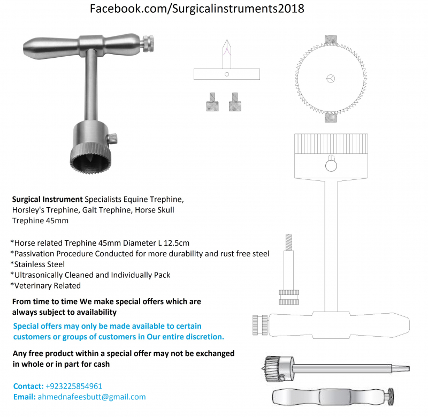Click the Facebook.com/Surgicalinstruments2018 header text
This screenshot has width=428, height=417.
(x=197, y=9)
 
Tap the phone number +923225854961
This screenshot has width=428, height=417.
(x=74, y=386)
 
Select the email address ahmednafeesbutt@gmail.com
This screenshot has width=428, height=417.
(x=91, y=397)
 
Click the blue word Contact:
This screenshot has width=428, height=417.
(x=28, y=386)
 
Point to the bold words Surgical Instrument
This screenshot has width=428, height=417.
(x=47, y=199)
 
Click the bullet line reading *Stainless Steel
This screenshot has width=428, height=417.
(x=37, y=264)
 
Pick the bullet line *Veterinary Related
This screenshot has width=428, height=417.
(x=45, y=286)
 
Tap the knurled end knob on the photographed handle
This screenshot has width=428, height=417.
(x=148, y=44)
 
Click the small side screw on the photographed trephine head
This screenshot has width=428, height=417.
(x=112, y=138)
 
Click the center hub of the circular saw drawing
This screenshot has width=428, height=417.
(x=331, y=79)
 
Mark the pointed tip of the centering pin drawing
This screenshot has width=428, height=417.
(x=226, y=41)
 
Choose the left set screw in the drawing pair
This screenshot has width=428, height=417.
(x=212, y=102)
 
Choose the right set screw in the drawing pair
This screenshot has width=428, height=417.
(x=235, y=102)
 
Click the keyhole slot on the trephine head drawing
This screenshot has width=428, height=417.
(x=331, y=163)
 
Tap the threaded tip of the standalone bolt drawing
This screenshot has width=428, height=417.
(x=289, y=242)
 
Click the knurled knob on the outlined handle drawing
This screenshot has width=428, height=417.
(x=260, y=325)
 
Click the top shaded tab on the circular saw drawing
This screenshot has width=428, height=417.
(x=331, y=40)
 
